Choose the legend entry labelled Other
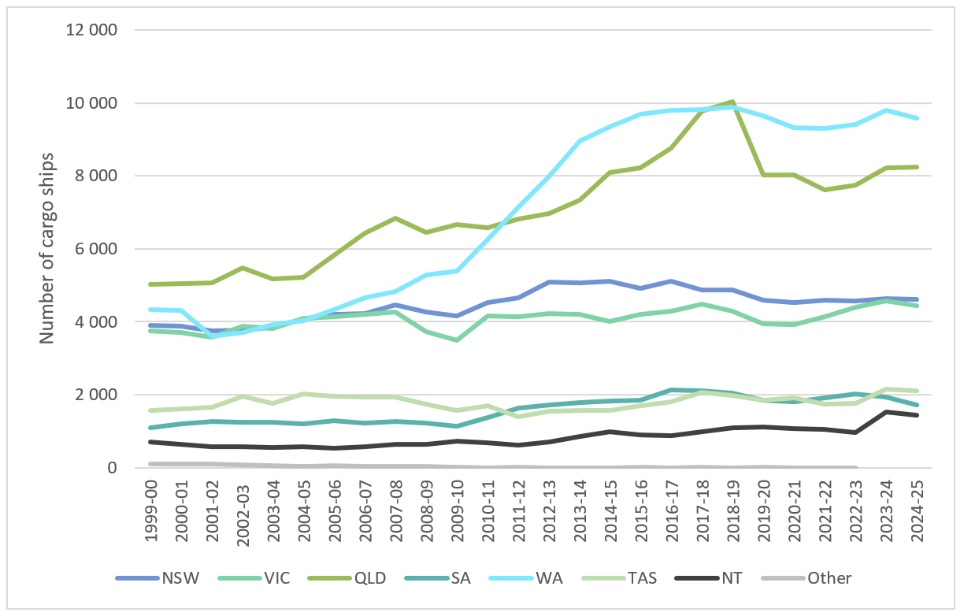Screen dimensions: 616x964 click(x=829, y=578)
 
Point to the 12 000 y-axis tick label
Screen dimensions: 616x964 click(x=89, y=31)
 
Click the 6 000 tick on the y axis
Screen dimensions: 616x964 click(x=94, y=249)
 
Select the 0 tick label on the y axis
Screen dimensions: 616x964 click(x=113, y=468)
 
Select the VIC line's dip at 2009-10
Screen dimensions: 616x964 click(x=458, y=340)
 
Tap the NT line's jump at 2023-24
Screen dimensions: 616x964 click(x=884, y=412)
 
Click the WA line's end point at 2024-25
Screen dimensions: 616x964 click(x=915, y=118)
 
